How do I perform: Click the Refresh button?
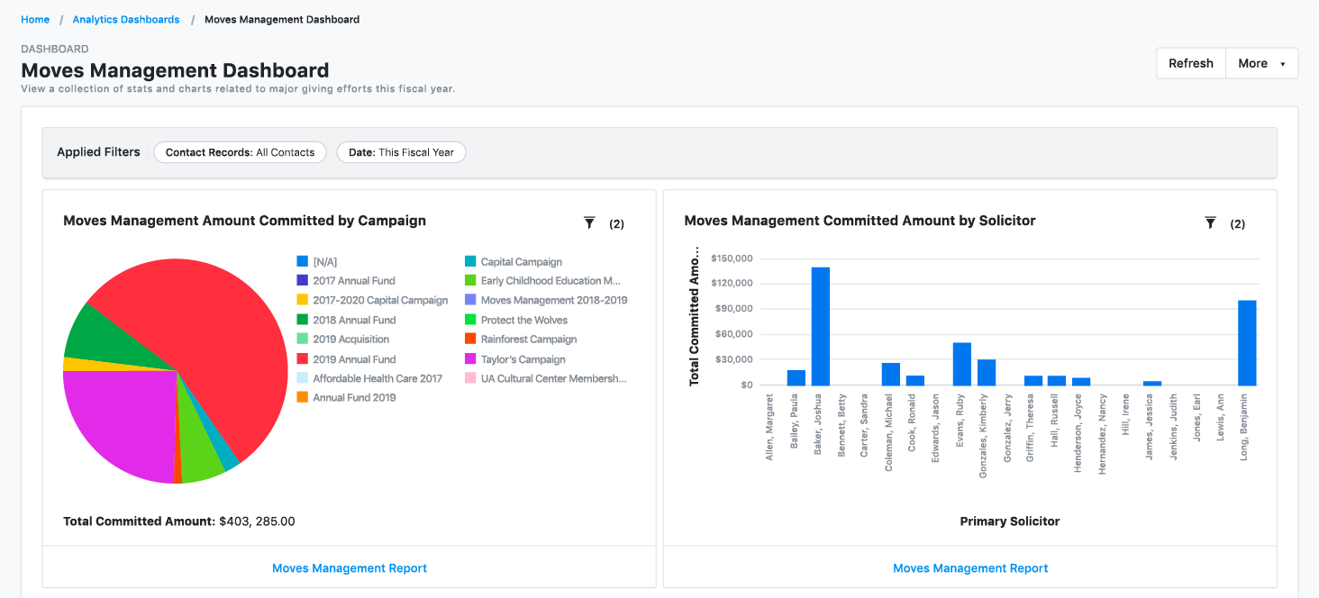click(x=1190, y=63)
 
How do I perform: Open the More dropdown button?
click(x=1261, y=63)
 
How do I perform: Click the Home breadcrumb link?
click(x=35, y=19)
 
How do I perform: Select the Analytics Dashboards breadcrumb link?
click(x=126, y=19)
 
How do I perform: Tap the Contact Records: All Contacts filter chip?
click(x=240, y=152)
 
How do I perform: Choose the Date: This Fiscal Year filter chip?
click(x=401, y=152)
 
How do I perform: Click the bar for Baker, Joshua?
click(x=820, y=326)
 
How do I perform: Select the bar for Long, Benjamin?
click(x=1247, y=343)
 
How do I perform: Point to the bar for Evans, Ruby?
click(x=962, y=364)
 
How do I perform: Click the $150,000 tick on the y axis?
click(x=731, y=258)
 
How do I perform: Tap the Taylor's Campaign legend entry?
click(x=523, y=359)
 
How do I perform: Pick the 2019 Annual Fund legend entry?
click(x=354, y=359)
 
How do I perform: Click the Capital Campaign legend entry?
click(x=521, y=262)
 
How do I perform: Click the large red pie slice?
click(x=207, y=324)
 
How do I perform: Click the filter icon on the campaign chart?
click(x=589, y=222)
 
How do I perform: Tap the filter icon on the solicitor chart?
click(x=1210, y=222)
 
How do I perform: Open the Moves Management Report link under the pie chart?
click(x=350, y=568)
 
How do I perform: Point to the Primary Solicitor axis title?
click(x=1009, y=521)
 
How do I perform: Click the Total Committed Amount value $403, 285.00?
click(x=257, y=521)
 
